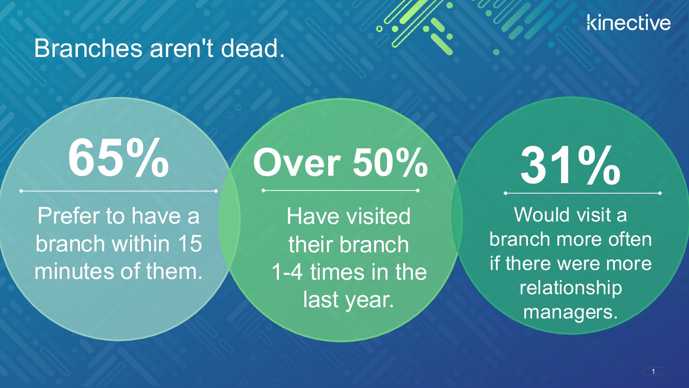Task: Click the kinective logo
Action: [x=628, y=23]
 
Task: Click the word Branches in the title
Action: [x=88, y=48]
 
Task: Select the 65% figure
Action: [x=118, y=158]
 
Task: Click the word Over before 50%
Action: [x=297, y=162]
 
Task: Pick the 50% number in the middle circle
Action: [x=390, y=162]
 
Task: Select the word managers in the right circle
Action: [x=571, y=312]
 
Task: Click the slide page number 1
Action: [x=653, y=372]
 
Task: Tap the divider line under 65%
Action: [x=118, y=191]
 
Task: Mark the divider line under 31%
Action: [x=582, y=193]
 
